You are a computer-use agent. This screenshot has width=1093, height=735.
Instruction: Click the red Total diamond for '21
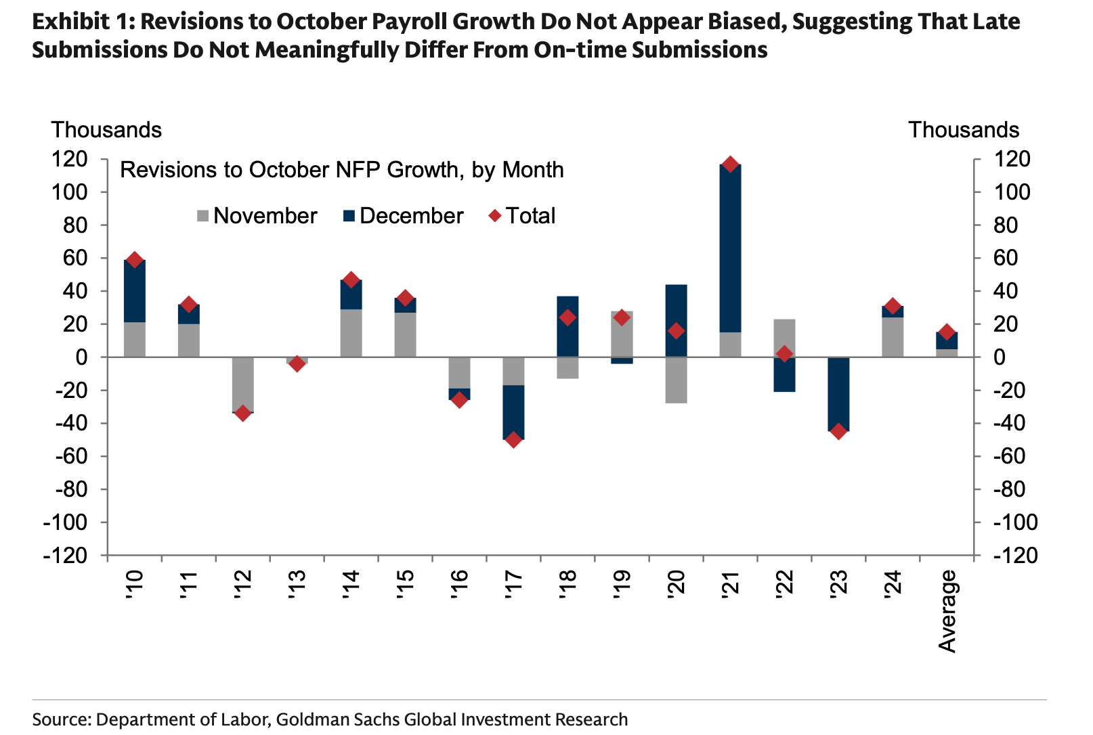(730, 164)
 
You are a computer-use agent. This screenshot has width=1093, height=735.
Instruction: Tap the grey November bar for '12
(242, 383)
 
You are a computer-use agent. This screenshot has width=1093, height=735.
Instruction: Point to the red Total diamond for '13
(297, 364)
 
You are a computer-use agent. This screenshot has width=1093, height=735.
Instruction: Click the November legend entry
(257, 216)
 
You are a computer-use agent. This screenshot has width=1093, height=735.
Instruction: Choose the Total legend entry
(522, 216)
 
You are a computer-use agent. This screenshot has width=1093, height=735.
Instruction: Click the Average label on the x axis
(947, 611)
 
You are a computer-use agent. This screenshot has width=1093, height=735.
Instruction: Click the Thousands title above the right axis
(963, 130)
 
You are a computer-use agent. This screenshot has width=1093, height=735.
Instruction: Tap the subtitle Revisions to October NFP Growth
(341, 169)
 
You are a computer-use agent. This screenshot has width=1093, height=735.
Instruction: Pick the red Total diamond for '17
(513, 440)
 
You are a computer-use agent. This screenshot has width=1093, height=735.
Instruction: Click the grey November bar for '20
(676, 380)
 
